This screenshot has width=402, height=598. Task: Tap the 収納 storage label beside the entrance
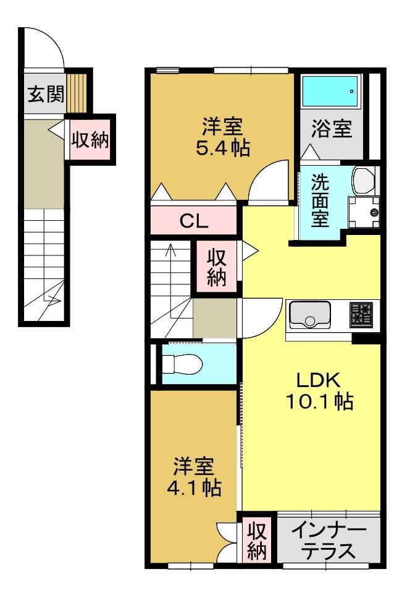(91, 140)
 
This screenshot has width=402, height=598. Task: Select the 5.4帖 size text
(223, 148)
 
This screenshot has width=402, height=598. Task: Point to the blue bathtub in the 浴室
(330, 91)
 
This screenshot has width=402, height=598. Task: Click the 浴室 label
(332, 128)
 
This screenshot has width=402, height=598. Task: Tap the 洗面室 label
(320, 200)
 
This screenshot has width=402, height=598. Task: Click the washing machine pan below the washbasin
(364, 212)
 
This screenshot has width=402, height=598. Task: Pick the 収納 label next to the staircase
(217, 268)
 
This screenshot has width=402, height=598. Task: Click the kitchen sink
(310, 315)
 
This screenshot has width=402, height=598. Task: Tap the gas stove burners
(361, 314)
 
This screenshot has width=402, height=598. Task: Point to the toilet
(182, 364)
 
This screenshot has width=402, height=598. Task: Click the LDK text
(318, 380)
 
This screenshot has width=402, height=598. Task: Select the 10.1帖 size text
(319, 401)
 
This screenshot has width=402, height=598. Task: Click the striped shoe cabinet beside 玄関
(77, 93)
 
